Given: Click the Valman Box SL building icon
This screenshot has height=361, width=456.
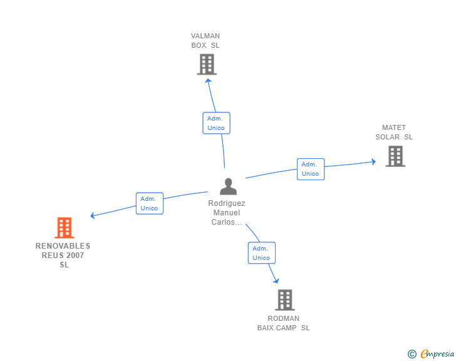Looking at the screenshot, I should point(206,64).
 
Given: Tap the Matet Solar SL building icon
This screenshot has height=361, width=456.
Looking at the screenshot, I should point(395,156).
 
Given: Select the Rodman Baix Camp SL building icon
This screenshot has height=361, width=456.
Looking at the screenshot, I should point(284,300).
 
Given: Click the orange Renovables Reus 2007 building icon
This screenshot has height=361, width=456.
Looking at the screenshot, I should point(64,228).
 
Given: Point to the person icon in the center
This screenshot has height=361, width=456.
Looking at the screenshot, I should point(228,186).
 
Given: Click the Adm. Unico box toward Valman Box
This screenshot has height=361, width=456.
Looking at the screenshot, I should point(216,123).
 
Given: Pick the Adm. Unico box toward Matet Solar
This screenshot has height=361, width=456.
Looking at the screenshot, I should point(310,169).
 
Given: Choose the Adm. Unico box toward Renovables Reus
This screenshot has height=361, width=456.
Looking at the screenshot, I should point(149,203).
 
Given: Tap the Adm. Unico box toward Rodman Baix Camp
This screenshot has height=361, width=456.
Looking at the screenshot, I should point(261,253).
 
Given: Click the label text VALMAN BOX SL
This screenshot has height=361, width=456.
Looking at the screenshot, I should point(205,41).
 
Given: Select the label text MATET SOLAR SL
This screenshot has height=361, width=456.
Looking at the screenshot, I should point(394,132).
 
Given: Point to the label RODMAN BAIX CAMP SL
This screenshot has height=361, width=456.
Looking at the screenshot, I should point(284,323).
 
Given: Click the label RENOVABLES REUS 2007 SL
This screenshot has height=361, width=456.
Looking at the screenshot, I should point(63,256).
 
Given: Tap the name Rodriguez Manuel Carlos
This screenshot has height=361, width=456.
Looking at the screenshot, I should point(227,213).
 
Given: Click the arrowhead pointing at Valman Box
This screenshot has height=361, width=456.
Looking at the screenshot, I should point(209,80).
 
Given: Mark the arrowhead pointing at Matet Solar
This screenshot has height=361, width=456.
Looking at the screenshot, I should point(373,161).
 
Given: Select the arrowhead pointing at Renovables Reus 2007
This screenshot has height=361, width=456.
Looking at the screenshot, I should point(93,215).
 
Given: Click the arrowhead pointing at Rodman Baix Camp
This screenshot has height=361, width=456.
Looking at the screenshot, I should point(276,281).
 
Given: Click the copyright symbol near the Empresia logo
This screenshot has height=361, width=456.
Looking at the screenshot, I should point(412,354).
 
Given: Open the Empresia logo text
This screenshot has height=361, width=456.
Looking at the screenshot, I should point(437,354).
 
